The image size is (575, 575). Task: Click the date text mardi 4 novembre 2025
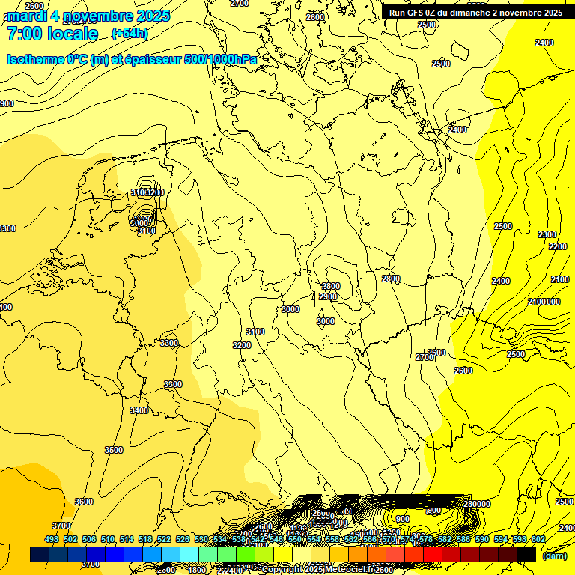click(88, 16)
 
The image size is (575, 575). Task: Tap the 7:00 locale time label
click(52, 34)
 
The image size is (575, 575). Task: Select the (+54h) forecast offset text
click(130, 34)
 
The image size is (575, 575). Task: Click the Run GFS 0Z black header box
click(475, 13)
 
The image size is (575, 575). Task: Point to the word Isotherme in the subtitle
click(34, 59)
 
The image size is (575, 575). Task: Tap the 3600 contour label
click(84, 502)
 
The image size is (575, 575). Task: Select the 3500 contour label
click(114, 450)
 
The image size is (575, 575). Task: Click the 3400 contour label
click(139, 410)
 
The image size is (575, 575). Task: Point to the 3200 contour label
click(241, 345)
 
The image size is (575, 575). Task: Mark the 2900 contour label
click(328, 296)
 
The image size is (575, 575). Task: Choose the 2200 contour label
click(558, 246)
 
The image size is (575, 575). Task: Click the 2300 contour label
click(547, 234)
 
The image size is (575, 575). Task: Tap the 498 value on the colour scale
click(52, 539)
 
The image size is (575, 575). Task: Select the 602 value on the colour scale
click(538, 539)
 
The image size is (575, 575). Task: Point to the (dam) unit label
click(555, 555)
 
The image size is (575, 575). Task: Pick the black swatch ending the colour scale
click(526, 555)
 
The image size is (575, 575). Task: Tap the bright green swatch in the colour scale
click(246, 555)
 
